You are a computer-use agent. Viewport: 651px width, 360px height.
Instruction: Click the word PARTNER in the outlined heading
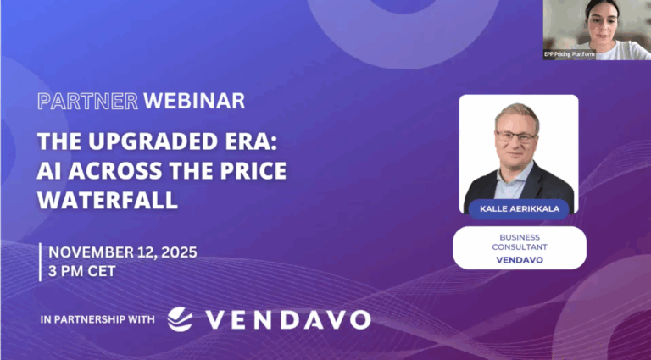88,101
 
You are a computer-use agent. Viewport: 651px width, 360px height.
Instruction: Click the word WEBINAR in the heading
194,101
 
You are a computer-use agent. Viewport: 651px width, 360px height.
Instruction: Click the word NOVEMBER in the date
91,252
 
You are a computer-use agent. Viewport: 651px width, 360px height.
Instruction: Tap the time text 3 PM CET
83,272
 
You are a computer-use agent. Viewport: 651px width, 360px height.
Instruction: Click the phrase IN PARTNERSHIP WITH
97,320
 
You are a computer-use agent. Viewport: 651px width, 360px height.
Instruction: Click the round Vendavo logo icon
180,319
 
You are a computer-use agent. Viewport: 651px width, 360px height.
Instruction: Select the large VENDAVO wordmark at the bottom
288,319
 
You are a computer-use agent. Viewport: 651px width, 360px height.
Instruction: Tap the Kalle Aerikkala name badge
519,208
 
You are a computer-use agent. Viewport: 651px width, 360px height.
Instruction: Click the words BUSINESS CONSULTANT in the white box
519,241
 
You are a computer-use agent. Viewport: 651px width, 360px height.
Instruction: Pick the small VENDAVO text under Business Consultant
519,260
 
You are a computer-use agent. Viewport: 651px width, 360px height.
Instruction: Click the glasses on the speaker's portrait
515,136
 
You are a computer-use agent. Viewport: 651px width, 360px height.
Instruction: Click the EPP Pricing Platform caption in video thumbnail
569,53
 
